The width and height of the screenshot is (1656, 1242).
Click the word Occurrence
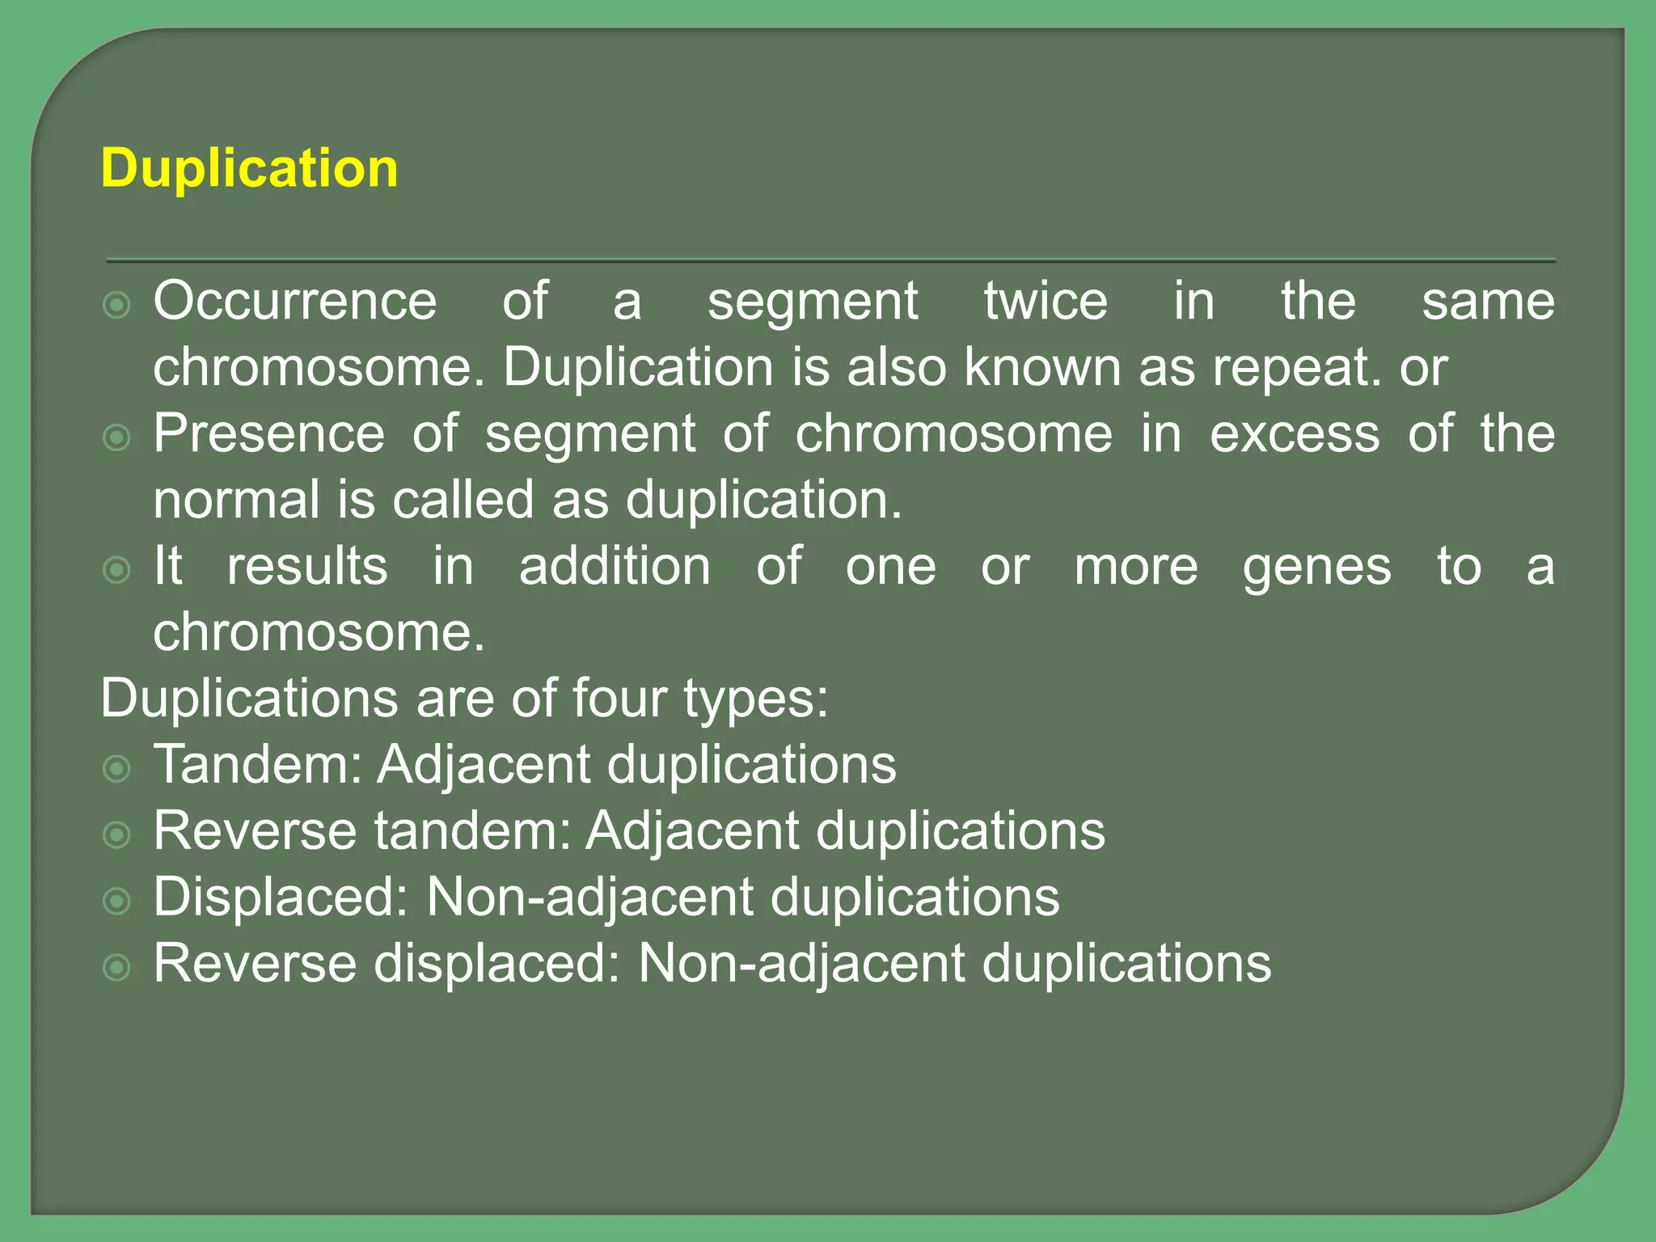tap(295, 301)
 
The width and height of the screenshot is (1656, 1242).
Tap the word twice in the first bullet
tap(1046, 301)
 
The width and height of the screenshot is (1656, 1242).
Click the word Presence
tap(269, 433)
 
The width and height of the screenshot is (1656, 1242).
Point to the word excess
tap(1295, 435)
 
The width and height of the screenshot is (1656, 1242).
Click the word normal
tap(237, 500)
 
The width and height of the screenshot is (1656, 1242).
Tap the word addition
tap(615, 566)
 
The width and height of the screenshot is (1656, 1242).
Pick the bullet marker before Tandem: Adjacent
tap(117, 768)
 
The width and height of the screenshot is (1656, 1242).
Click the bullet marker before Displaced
tap(117, 901)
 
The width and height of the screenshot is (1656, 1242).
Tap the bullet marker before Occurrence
tap(117, 305)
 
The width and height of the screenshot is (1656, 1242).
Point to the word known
tap(1044, 367)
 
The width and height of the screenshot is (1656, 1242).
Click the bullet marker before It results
tap(117, 570)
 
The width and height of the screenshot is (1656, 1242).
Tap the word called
tap(463, 500)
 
